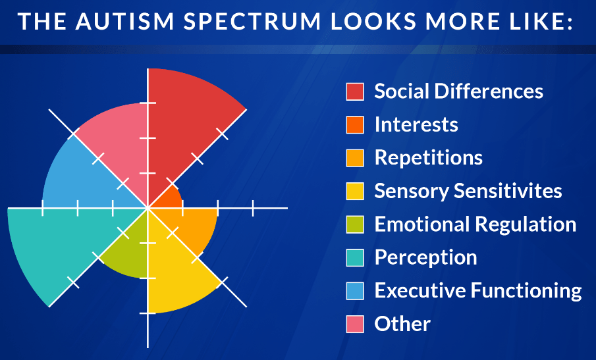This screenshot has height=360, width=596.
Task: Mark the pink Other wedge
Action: coord(118,140)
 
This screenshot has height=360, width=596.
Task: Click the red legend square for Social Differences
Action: coord(355,91)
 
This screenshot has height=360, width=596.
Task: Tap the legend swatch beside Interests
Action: coord(355,125)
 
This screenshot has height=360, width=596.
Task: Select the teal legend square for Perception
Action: coord(355,257)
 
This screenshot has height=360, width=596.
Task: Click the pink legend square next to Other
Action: coord(355,324)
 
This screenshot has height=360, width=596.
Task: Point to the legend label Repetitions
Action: coord(428,158)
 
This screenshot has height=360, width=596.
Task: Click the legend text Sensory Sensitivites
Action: coord(468,191)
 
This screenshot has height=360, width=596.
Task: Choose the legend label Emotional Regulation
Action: coord(475,224)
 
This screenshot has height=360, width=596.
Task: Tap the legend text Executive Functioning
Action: coord(478,291)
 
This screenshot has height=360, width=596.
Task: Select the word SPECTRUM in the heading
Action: coord(252,21)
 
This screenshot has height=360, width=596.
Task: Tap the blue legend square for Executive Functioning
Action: coord(355,291)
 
